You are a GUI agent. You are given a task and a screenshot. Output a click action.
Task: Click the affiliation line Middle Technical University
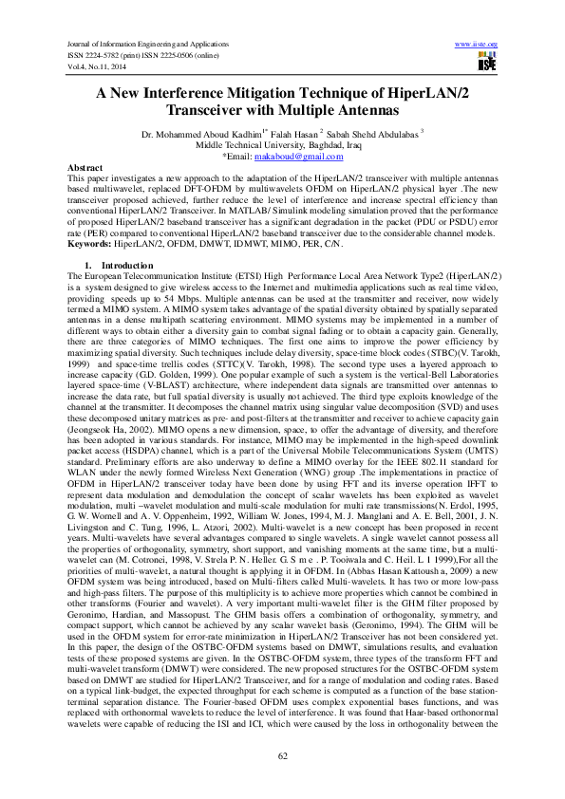click(282, 144)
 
